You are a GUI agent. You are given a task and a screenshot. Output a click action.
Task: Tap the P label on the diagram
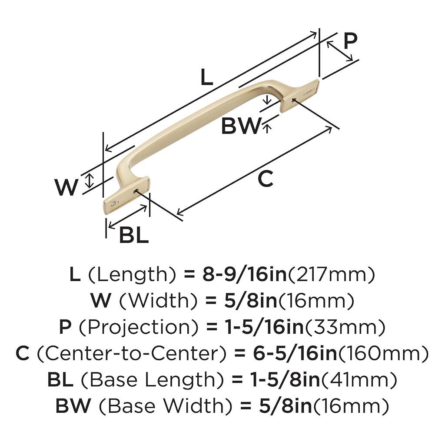click(x=350, y=41)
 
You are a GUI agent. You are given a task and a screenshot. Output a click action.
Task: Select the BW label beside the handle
click(x=240, y=126)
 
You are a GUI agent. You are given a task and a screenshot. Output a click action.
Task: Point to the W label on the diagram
click(x=66, y=188)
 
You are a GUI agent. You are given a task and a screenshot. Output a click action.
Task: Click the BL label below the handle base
click(x=134, y=236)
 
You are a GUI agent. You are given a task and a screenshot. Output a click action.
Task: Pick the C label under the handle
click(x=265, y=179)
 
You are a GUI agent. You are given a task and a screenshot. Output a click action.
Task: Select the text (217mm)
click(x=332, y=274)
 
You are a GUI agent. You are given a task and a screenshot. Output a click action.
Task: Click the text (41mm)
click(x=359, y=380)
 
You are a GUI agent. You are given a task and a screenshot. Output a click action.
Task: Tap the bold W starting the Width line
click(x=100, y=301)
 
